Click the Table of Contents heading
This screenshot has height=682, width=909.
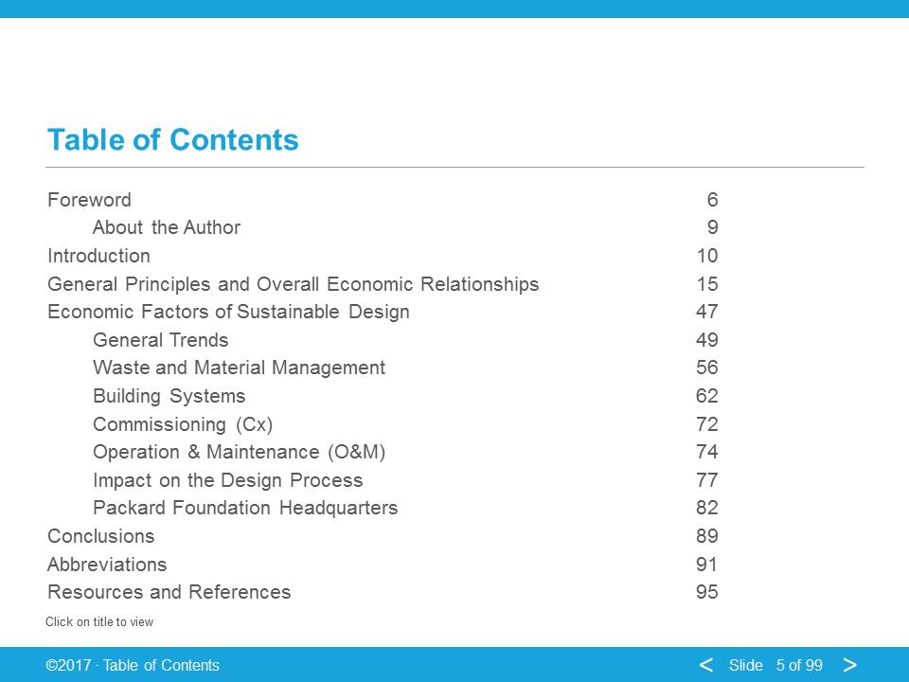(x=172, y=140)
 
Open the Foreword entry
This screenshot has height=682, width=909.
(x=89, y=200)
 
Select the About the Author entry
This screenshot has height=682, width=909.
(x=167, y=227)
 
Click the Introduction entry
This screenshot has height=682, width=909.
(x=98, y=256)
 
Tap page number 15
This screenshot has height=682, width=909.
(x=707, y=284)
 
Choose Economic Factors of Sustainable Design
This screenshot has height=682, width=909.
(x=228, y=312)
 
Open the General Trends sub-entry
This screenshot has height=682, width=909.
(x=161, y=340)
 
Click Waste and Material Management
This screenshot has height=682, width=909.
(x=239, y=368)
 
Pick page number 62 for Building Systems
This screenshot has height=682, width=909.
(x=707, y=396)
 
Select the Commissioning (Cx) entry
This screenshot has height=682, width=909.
(x=183, y=424)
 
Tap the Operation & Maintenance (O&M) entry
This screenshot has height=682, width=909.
(x=239, y=453)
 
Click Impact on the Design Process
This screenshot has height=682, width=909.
(x=228, y=480)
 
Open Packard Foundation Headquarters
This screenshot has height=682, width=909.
(x=245, y=508)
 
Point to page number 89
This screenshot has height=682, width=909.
(x=707, y=536)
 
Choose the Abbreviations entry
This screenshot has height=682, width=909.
(x=107, y=565)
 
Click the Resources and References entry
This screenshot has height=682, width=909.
(x=169, y=592)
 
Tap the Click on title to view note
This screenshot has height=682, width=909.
(x=99, y=622)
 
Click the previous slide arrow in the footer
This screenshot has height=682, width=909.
(x=706, y=665)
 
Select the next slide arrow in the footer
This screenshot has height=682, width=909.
(x=850, y=665)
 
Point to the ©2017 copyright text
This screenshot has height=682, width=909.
(x=68, y=665)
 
